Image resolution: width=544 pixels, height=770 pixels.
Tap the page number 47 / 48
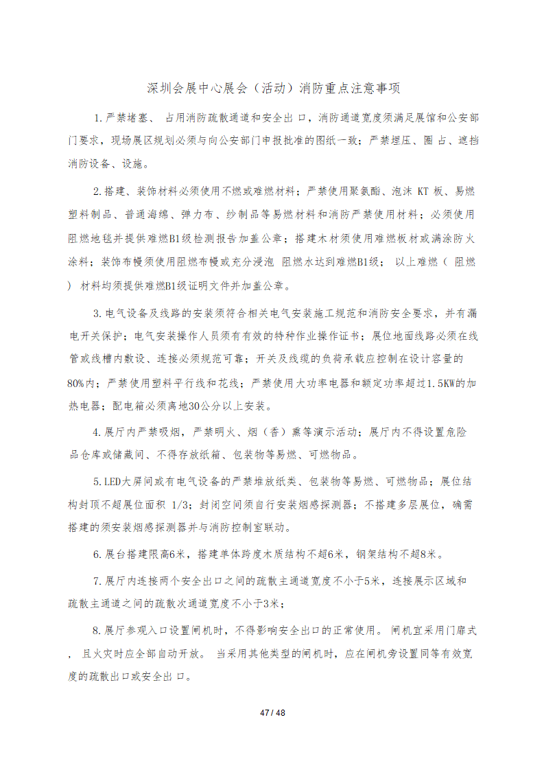tap(272, 713)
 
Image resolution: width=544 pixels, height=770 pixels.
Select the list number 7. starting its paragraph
tap(97, 581)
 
